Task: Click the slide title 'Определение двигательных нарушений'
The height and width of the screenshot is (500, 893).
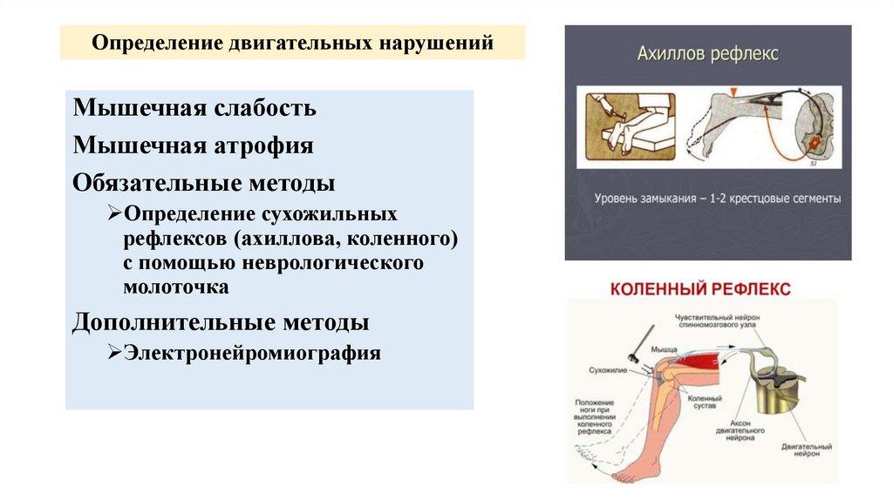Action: click(x=292, y=43)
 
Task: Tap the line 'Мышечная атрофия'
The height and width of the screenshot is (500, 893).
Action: click(x=193, y=145)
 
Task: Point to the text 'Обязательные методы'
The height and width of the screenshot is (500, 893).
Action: click(x=204, y=183)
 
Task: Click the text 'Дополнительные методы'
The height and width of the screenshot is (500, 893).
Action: click(x=221, y=321)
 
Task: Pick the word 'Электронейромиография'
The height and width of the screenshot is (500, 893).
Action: click(x=252, y=353)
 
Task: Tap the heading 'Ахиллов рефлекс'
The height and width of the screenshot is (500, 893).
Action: click(x=706, y=54)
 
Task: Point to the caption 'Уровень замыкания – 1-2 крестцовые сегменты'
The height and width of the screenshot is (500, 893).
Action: click(x=717, y=199)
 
